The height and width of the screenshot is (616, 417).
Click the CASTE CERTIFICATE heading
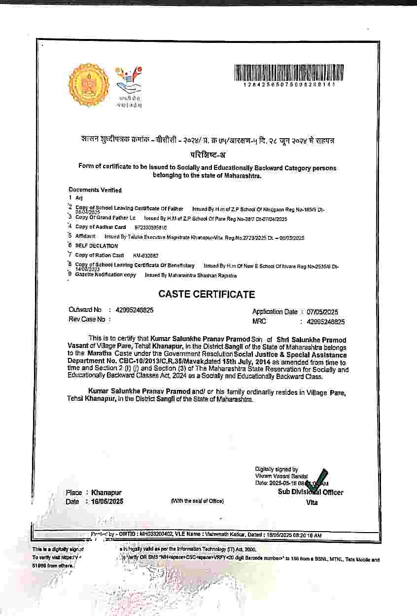207,294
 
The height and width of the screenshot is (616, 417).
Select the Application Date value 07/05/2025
325,312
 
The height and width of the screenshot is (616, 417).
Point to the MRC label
259,321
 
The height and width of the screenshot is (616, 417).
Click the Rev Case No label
87,319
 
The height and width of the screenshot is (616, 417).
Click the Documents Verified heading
95,190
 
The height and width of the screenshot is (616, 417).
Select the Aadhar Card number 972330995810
151,228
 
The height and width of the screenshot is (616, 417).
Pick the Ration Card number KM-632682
146,256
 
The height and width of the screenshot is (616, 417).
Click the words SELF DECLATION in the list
97,246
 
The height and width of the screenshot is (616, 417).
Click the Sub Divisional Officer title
311,492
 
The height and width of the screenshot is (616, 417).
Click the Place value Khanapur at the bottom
106,493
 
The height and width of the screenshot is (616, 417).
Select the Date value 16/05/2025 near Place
107,501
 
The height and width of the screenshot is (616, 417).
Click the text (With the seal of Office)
197,501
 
